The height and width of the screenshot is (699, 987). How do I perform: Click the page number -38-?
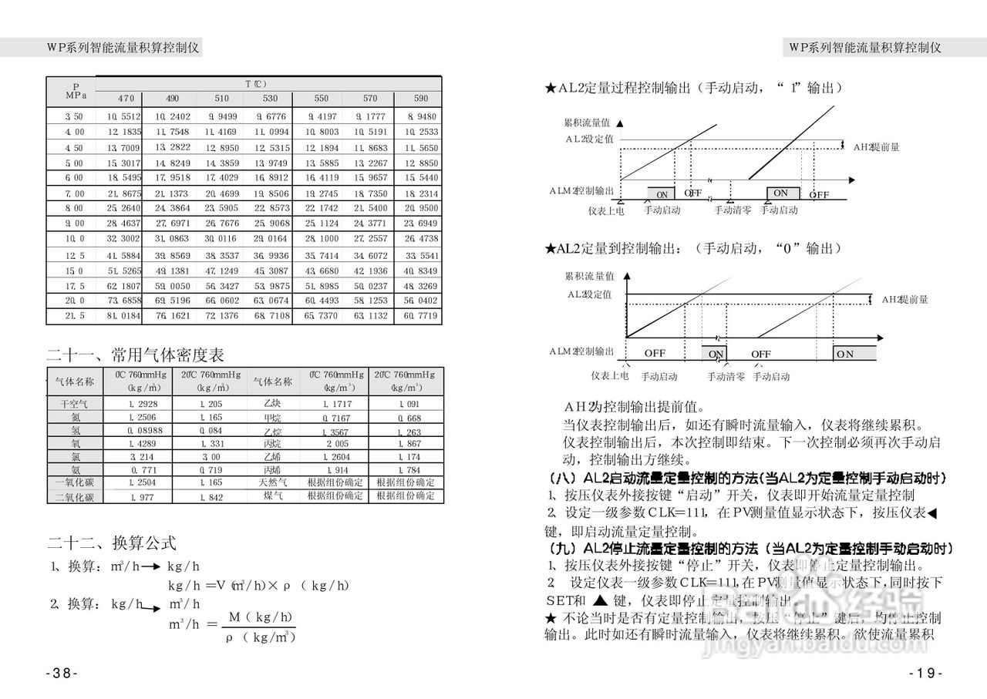pyautogui.click(x=62, y=673)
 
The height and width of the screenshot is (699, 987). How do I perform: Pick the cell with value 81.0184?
pyautogui.click(x=124, y=316)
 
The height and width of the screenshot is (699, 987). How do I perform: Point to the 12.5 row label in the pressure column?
pyautogui.click(x=75, y=255)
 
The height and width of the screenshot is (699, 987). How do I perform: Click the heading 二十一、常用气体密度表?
pyautogui.click(x=136, y=355)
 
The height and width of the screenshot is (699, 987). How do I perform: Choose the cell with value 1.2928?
pyautogui.click(x=143, y=404)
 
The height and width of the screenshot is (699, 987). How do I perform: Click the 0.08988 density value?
pyautogui.click(x=145, y=430)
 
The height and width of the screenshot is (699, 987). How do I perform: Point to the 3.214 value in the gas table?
pyautogui.click(x=143, y=457)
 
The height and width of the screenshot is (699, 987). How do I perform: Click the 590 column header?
pyautogui.click(x=421, y=99)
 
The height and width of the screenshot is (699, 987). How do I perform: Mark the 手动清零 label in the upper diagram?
pyautogui.click(x=732, y=210)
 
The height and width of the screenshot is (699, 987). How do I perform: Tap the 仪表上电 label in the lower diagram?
pyautogui.click(x=609, y=376)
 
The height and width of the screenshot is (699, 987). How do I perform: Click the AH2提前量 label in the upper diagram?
pyautogui.click(x=878, y=146)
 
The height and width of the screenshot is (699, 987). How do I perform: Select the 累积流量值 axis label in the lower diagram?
pyautogui.click(x=589, y=276)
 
